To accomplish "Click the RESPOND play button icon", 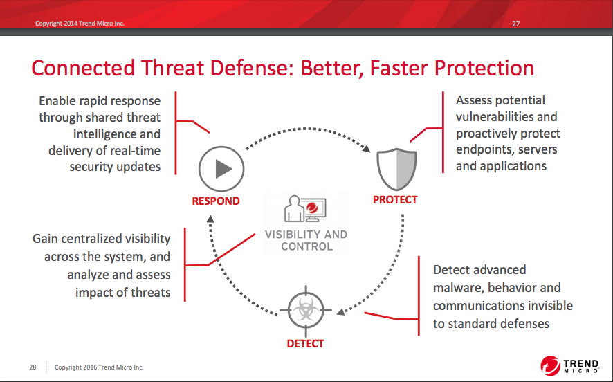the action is tap(221, 169).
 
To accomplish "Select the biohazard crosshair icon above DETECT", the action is tap(306, 311).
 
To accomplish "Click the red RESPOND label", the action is tap(216, 201).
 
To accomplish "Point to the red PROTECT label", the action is tap(395, 200).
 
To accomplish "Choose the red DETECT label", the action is tap(305, 344).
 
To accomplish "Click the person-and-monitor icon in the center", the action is tap(305, 209).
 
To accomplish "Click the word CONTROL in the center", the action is tap(307, 247).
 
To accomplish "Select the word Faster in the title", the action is tap(399, 68).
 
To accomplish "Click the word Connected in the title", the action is tap(83, 68).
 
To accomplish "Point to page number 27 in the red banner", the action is tap(515, 24).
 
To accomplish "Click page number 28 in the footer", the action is tap(33, 367).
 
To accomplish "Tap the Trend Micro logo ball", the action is tap(551, 366).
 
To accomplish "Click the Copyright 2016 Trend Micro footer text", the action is tap(99, 367).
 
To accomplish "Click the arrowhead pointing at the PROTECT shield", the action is tap(366, 148).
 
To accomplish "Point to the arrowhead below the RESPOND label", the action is tap(210, 219).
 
